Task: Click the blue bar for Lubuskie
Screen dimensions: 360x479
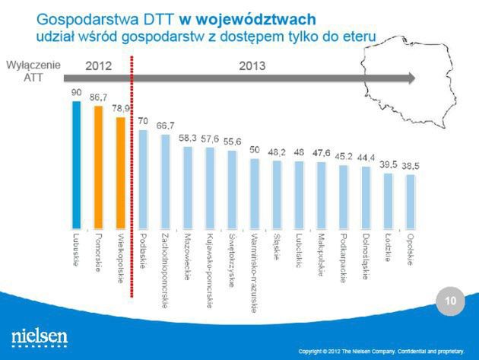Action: coord(76,164)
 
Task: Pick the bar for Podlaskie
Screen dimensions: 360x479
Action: coord(143,179)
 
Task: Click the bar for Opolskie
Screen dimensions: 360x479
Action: coord(411,201)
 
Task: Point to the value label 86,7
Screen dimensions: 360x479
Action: coord(98,97)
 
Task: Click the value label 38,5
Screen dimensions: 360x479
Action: coord(411,167)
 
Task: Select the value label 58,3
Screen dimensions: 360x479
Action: coord(188,138)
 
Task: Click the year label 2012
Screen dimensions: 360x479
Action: coord(98,66)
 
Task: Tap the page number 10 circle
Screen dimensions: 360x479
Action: coord(450,302)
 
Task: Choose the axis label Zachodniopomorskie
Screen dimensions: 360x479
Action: coord(165,272)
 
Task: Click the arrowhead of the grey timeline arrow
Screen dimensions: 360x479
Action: coord(411,77)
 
